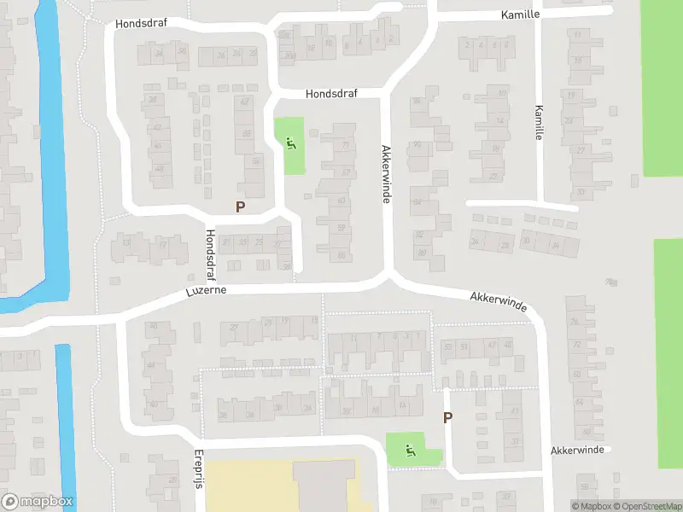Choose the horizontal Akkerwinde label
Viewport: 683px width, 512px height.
pos(577,450)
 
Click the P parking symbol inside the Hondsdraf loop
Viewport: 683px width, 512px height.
pos(240,207)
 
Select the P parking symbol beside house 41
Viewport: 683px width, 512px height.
pos(447,417)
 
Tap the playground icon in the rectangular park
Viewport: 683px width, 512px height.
pos(291,144)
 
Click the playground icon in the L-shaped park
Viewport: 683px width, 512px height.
pos(410,450)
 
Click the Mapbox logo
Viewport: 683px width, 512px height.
pos(38,502)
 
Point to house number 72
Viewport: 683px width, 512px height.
pos(576,344)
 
